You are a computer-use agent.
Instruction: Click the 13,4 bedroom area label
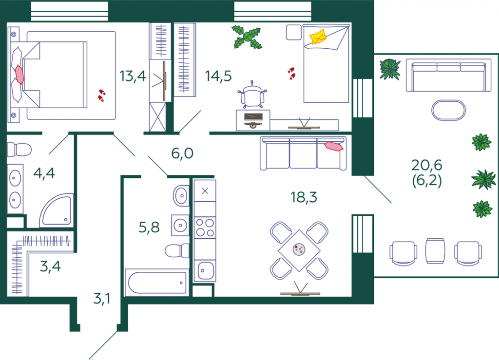pos(133,76)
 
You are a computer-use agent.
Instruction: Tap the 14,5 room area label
pos(218,76)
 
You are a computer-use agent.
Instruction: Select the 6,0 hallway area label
pos(182,153)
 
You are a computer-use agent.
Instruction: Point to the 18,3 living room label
pos(304,197)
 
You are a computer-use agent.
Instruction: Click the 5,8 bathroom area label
pos(149,227)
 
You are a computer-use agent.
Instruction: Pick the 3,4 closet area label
pos(50,266)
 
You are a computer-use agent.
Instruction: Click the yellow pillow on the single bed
pos(318,37)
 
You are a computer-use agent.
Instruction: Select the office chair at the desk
pos(252,95)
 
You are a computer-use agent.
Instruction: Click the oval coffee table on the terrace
pos(448,111)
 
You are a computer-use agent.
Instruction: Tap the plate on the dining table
pos(299,249)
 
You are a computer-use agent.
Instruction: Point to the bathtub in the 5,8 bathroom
pos(156,283)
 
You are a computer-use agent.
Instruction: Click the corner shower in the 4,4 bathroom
pos(57,210)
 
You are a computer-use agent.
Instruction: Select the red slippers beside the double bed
pos(101,95)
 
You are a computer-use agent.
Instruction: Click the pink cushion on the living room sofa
pos(333,146)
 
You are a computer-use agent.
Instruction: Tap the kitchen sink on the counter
pos(205,271)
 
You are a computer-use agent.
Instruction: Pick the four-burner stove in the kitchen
pos(205,227)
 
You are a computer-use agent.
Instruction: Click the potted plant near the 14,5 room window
pos(247,37)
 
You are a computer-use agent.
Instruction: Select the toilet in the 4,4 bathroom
pos(19,150)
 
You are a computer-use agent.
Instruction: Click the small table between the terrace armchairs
pos(435,251)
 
